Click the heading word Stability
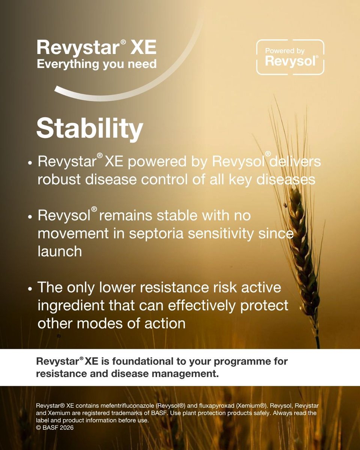(x=90, y=128)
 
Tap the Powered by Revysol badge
(x=290, y=57)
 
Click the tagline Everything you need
(x=96, y=64)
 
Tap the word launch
(x=60, y=251)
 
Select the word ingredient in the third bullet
(x=75, y=305)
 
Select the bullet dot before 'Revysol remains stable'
(x=30, y=217)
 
